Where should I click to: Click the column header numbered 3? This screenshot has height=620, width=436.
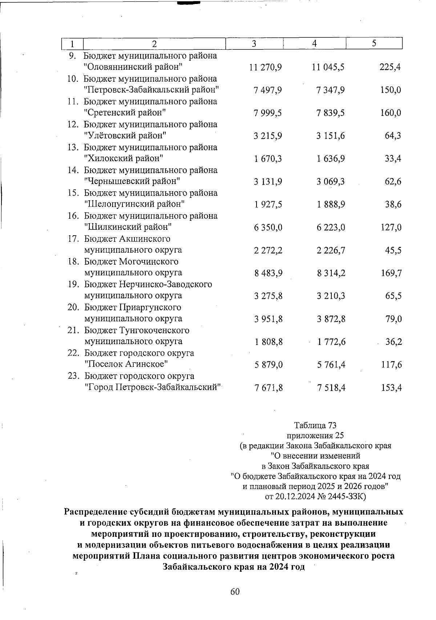pos(254,44)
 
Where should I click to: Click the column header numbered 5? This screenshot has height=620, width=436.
pos(374,44)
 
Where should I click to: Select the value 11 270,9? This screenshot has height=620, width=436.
pos(266,67)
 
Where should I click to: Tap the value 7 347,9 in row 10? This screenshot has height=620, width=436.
pos(331,90)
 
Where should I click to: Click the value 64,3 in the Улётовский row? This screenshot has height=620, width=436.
pos(393,136)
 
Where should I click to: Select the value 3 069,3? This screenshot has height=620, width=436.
pos(331,181)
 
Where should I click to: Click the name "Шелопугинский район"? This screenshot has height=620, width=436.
pos(134,204)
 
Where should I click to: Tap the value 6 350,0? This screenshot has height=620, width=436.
pos(269,228)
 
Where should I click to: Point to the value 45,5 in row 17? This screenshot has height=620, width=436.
pos(393,250)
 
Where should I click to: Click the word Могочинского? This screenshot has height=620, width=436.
pos(149,261)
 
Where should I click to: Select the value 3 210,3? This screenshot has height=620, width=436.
pos(331,296)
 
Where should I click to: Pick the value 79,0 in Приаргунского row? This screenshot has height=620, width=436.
pos(393,319)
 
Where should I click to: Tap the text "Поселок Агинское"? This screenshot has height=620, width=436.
pos(126,364)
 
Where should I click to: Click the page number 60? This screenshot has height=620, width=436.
pos(235,592)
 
